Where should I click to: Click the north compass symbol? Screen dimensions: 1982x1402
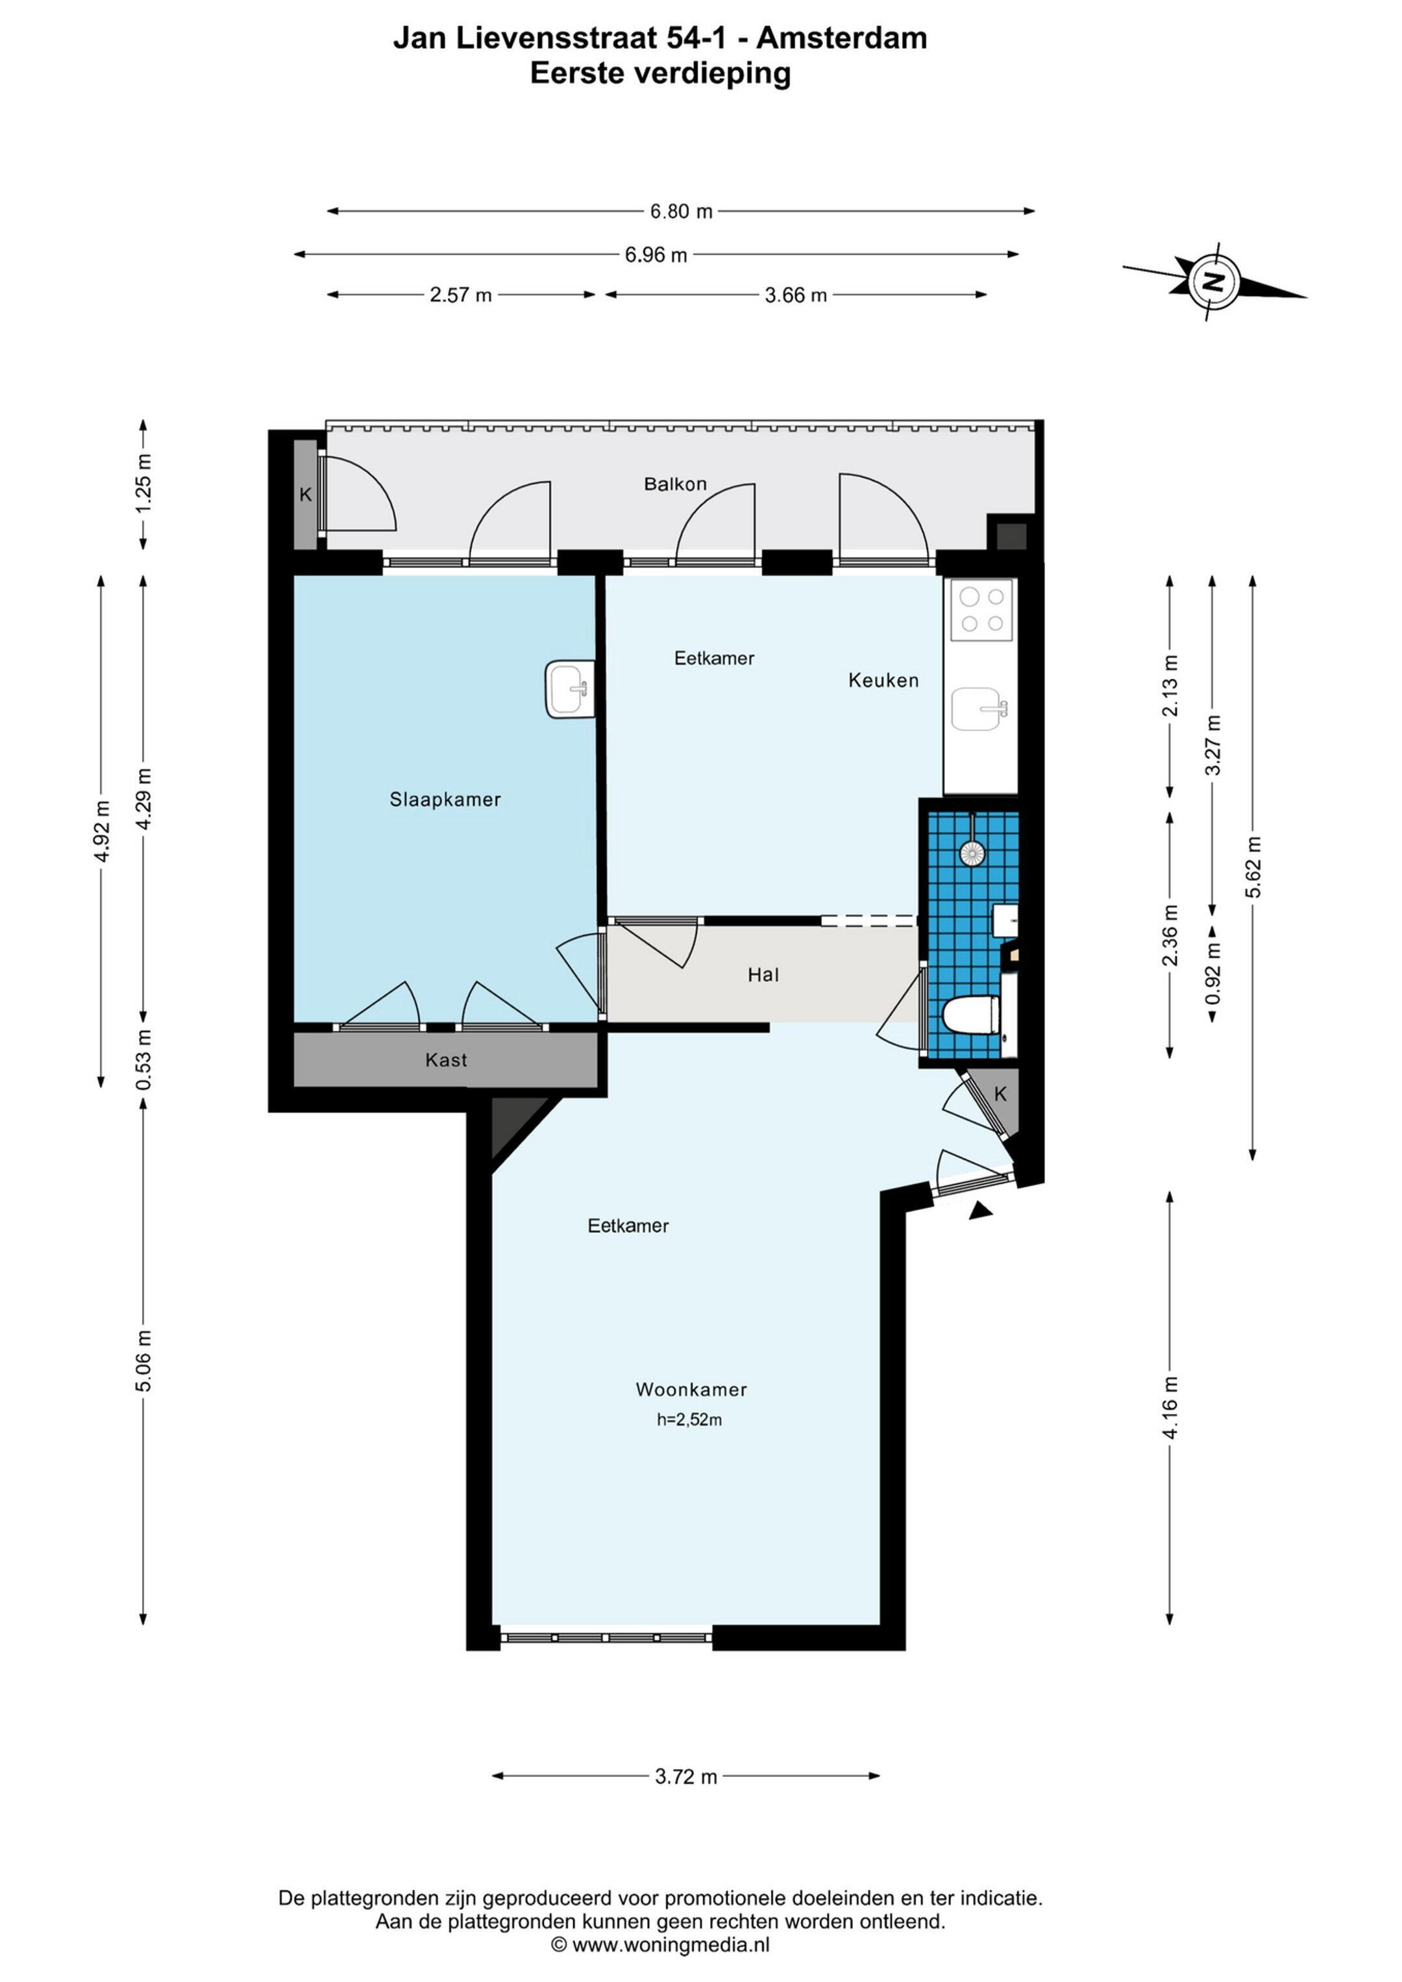pos(1214,281)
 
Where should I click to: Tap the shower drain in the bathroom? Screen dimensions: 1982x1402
pos(972,853)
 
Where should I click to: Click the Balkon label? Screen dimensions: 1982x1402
pos(675,484)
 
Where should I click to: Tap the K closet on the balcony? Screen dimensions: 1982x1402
pos(306,495)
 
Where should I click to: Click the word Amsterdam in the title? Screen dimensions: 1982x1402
pos(842,38)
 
